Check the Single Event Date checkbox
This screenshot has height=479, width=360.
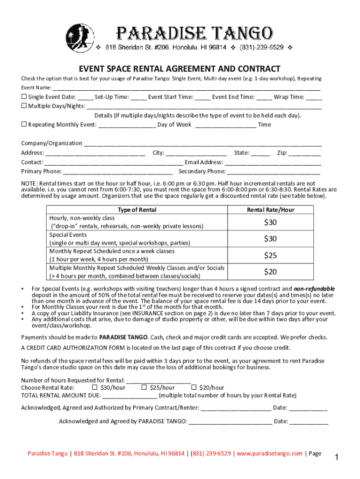coord(24,97)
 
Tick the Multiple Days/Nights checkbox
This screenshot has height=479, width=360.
coord(24,106)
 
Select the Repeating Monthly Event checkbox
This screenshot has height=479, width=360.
coord(24,124)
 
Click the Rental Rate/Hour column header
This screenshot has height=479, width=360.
coord(270,210)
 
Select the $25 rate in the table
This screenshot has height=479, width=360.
coord(270,255)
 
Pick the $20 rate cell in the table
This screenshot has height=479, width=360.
coord(270,272)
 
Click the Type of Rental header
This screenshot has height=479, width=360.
coord(137,210)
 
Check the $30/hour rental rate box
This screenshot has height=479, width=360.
coord(94,387)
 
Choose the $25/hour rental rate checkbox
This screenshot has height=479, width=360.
coord(144,387)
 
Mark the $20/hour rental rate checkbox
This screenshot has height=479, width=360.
coord(194,387)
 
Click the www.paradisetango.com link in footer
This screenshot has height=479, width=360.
coord(270,453)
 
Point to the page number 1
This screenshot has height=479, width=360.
coord(336,457)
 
